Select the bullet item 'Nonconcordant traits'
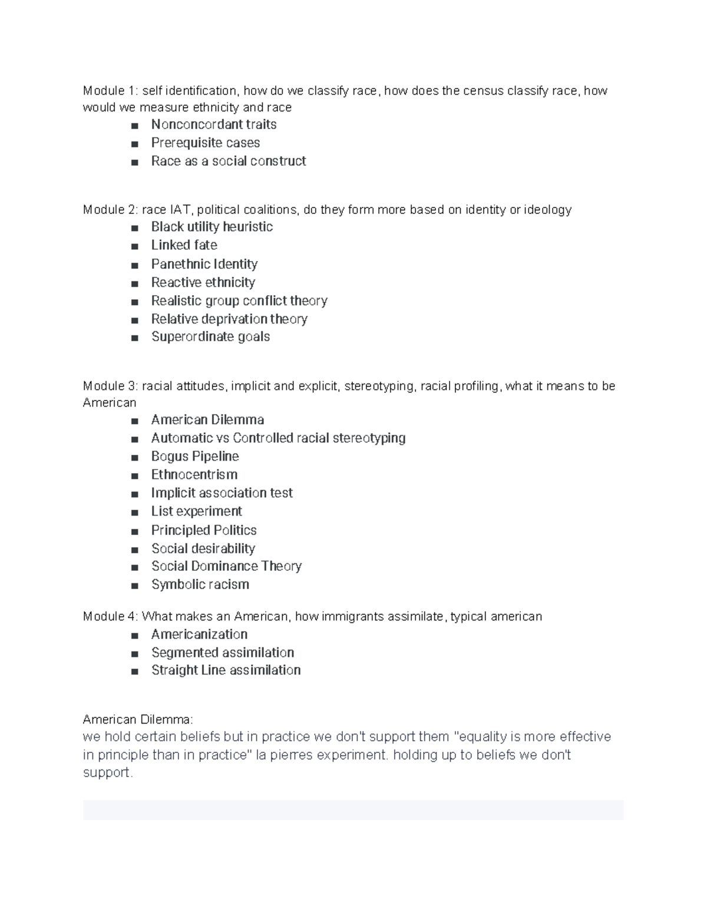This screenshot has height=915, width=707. click(213, 124)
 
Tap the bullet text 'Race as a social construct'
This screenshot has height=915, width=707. click(228, 161)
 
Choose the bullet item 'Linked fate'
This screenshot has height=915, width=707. click(184, 245)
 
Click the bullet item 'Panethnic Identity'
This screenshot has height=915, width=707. click(204, 264)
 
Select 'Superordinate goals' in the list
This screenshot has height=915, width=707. click(210, 336)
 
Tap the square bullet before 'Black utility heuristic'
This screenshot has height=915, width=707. click(136, 228)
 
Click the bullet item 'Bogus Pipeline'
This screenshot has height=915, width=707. click(194, 456)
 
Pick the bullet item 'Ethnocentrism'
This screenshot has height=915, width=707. click(194, 474)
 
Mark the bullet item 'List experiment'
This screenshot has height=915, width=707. click(196, 511)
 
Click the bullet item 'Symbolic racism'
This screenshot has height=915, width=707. click(200, 584)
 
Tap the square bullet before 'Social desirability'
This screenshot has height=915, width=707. click(136, 550)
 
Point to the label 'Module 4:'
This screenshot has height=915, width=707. click(110, 617)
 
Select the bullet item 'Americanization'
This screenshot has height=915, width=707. click(199, 634)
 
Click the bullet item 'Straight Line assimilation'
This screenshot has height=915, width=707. click(226, 670)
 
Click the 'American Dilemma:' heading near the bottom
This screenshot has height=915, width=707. click(138, 719)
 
